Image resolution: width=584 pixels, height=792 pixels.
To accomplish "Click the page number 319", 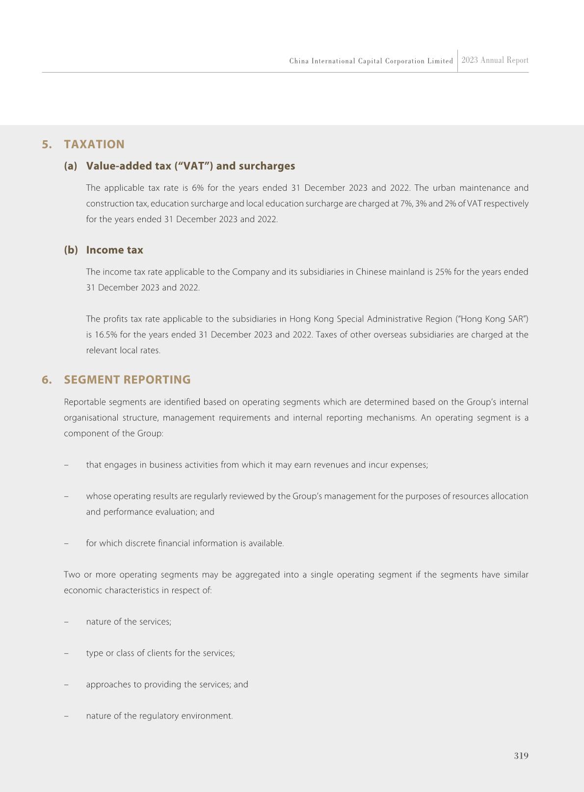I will coord(521,756).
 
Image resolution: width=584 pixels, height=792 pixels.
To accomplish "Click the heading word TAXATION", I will coord(94,144).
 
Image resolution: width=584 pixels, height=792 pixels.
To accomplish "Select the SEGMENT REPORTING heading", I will coord(127,380).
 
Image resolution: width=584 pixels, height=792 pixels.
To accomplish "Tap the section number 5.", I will coord(47,144).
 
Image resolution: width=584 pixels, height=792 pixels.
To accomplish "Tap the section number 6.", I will coord(47,380).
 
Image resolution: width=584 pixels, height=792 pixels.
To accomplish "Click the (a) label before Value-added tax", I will coord(71,166).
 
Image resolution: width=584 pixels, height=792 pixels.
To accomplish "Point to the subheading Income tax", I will coord(114,250).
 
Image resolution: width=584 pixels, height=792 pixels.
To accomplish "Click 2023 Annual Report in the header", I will coord(495,60).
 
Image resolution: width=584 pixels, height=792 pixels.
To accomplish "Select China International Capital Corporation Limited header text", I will coord(371,61).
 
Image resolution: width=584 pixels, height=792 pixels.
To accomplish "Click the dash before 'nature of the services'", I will coord(66,622).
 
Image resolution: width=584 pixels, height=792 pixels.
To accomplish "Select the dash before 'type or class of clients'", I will coord(66,653).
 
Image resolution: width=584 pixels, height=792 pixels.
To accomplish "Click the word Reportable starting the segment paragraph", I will coord(84,402).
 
